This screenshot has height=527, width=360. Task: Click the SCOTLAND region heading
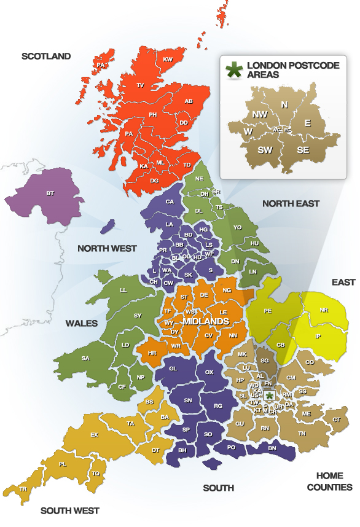[46, 57]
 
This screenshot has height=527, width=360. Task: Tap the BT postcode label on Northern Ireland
[50, 193]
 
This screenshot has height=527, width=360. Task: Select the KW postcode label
[168, 60]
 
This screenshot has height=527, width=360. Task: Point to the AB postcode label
[189, 101]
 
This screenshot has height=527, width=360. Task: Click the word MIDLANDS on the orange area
[206, 321]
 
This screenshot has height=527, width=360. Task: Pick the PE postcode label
[268, 311]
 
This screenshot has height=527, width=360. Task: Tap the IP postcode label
[318, 337]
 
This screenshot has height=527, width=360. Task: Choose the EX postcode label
[94, 435]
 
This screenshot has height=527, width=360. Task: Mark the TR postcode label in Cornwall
[23, 489]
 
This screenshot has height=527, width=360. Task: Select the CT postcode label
[337, 420]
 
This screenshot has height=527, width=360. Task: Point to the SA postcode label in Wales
[85, 359]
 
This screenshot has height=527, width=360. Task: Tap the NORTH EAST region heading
[291, 203]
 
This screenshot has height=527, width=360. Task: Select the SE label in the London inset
[303, 149]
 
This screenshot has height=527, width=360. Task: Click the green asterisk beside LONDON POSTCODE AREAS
[233, 69]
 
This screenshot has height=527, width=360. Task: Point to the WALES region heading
[81, 322]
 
